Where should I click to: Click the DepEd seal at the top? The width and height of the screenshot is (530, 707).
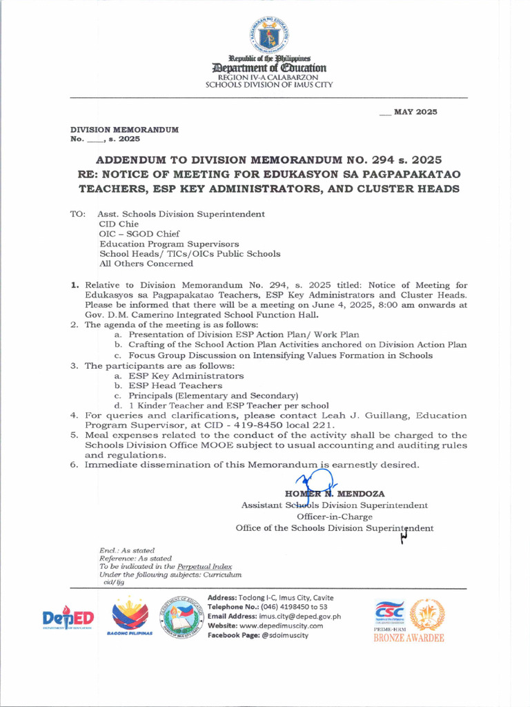click(268, 35)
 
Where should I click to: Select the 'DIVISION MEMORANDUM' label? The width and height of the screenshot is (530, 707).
click(125, 130)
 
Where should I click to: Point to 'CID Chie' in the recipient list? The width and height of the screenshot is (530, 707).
click(119, 224)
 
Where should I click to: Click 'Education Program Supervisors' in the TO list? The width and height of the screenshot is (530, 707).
click(169, 244)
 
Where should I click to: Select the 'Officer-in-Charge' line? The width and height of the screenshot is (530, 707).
click(334, 516)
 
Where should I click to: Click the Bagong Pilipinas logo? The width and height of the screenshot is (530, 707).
click(130, 616)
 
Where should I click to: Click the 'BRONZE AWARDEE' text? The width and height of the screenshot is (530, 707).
click(409, 639)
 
